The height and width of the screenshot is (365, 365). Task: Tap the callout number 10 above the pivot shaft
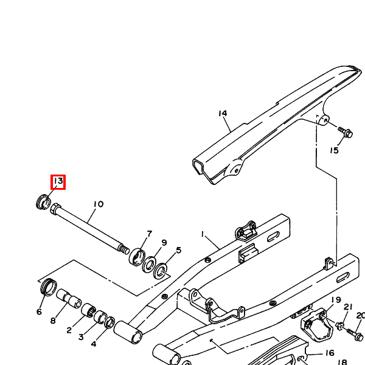click(x=99, y=204)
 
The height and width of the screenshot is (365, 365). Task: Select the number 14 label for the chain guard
click(x=223, y=113)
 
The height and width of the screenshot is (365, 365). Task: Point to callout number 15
click(x=334, y=150)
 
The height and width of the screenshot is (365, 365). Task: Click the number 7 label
click(x=149, y=234)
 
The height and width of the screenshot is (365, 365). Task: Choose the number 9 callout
click(x=164, y=243)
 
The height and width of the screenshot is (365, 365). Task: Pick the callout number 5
click(x=178, y=250)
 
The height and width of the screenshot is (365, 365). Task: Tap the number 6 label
click(x=39, y=311)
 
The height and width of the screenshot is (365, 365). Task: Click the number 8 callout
click(x=53, y=321)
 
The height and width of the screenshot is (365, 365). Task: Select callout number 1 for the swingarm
click(x=203, y=234)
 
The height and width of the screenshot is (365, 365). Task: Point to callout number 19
click(x=336, y=300)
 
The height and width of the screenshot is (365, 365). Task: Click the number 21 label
click(x=348, y=307)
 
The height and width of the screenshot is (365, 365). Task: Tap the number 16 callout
click(x=330, y=353)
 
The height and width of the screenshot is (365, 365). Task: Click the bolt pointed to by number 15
click(x=346, y=132)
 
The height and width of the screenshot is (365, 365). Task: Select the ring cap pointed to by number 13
click(x=44, y=201)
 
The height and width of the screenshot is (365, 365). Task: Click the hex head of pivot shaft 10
click(x=55, y=209)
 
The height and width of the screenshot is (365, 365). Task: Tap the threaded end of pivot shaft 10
click(x=124, y=249)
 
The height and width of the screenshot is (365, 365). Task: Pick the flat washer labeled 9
click(x=149, y=265)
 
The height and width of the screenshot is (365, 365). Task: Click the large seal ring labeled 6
click(x=49, y=287)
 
